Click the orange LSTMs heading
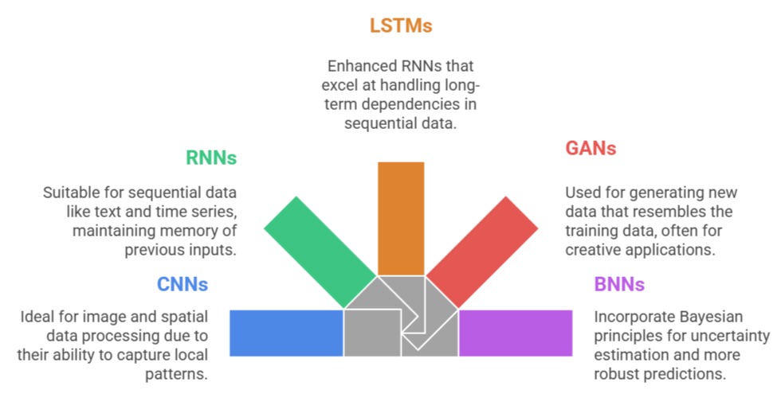(401, 25)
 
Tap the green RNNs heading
(211, 157)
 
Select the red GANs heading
(591, 148)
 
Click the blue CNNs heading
(182, 284)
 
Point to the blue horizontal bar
(285, 333)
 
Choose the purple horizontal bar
(516, 333)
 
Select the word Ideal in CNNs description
(38, 317)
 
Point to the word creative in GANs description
(591, 250)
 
